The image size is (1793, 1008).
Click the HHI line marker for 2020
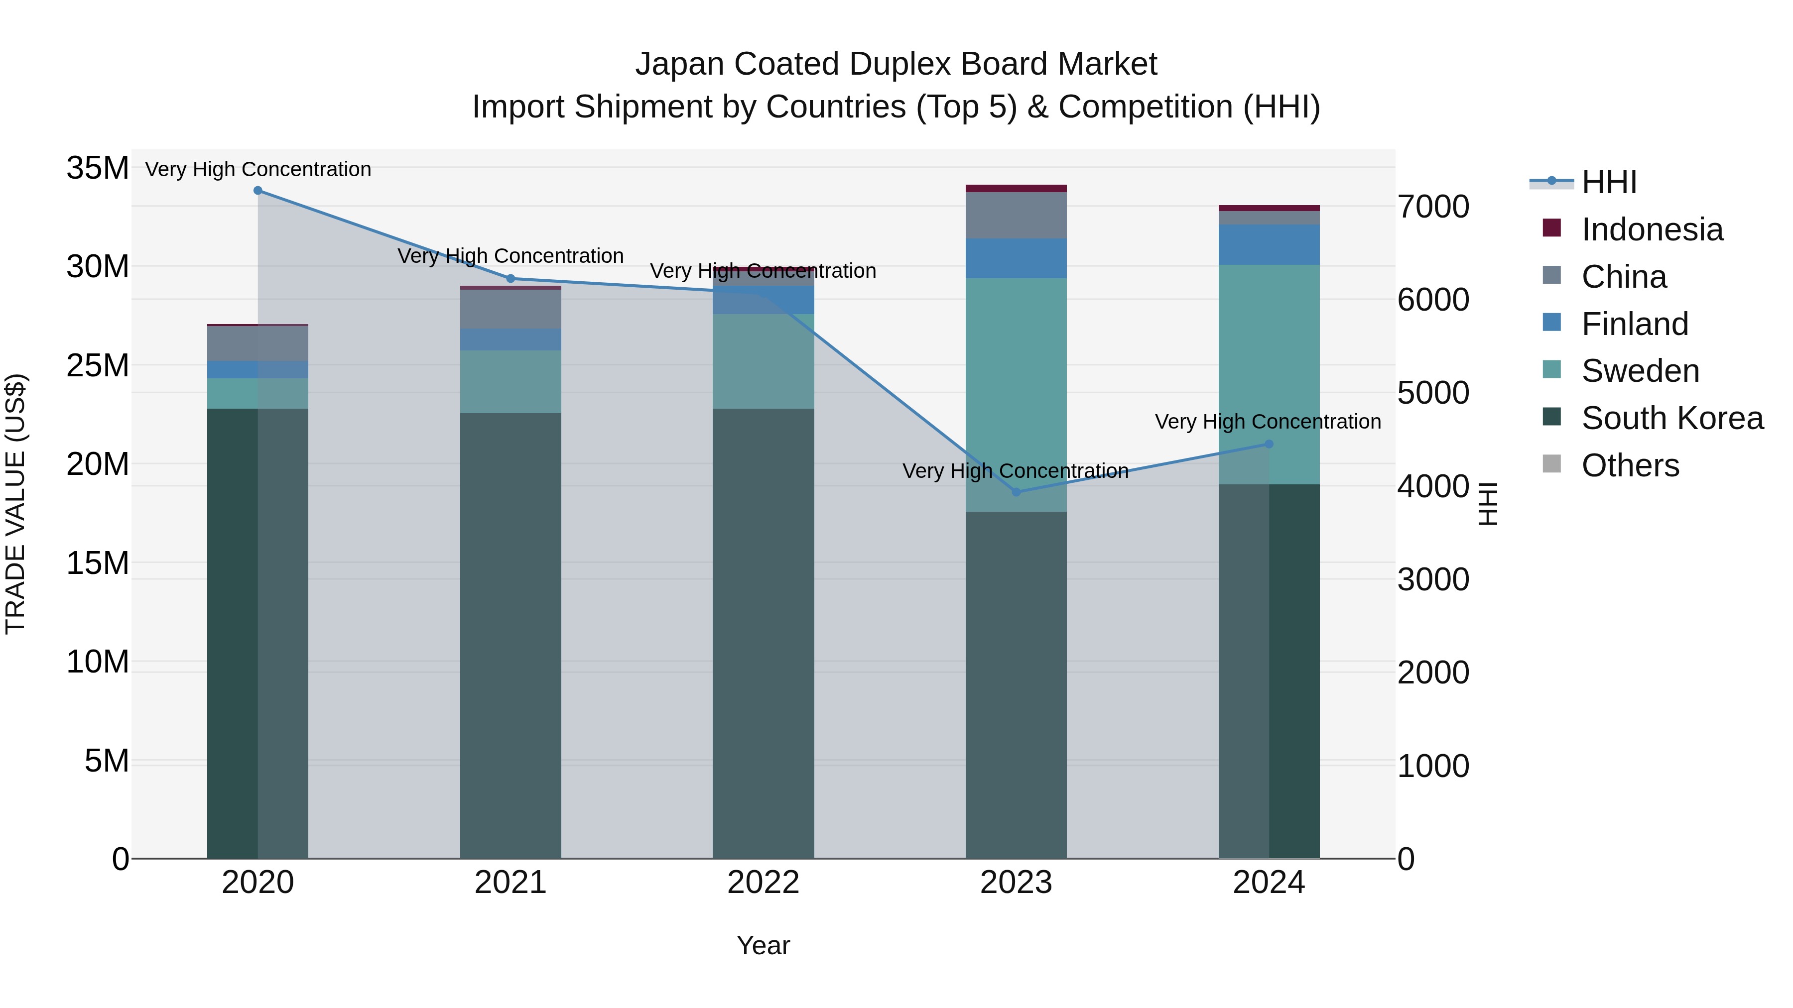click(x=257, y=191)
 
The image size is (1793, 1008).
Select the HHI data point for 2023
click(x=1016, y=492)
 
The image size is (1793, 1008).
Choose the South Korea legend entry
click(x=1672, y=418)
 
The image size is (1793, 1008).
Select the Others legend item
click(x=1630, y=465)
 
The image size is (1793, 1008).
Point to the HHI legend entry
click(x=1609, y=182)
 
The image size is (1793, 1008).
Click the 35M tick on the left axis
click(x=98, y=168)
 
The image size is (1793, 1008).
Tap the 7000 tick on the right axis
click(x=1433, y=207)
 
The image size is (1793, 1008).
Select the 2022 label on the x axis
click(x=763, y=883)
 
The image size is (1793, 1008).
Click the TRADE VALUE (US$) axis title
click(x=15, y=504)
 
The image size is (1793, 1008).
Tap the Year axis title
click(x=763, y=945)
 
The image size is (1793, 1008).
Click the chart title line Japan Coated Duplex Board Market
click(x=896, y=64)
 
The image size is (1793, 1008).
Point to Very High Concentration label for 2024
click(x=1268, y=422)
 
